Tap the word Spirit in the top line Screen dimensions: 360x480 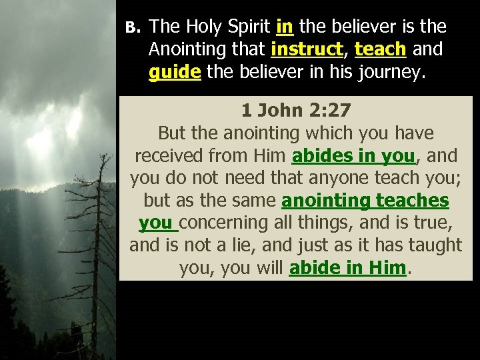point(249,27)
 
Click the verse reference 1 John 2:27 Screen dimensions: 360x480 point(295,110)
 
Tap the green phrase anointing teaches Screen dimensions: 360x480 point(365,201)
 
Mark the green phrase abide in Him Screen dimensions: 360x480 point(347,268)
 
